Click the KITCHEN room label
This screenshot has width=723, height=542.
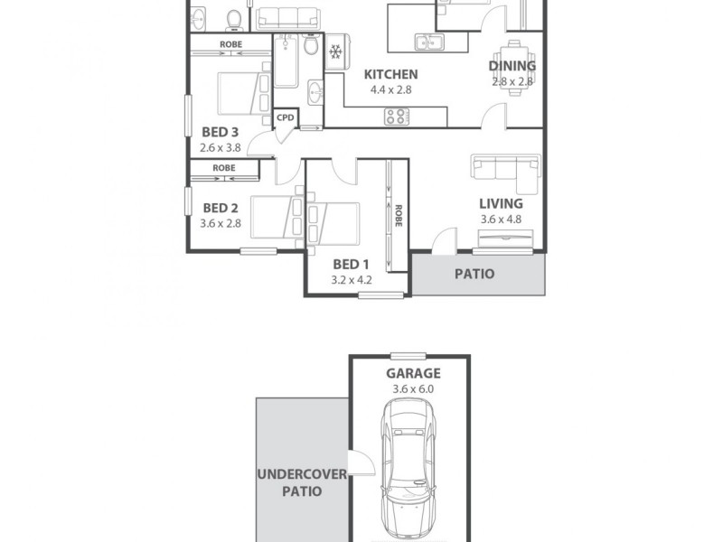[390, 74]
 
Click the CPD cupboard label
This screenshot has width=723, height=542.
[286, 117]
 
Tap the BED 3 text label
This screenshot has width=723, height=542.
[221, 132]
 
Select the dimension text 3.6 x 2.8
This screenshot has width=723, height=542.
[221, 224]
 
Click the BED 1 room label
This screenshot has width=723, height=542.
[352, 264]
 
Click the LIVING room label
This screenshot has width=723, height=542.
[501, 203]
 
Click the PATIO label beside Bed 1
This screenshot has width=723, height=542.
[474, 274]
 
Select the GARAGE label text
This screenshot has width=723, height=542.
[413, 373]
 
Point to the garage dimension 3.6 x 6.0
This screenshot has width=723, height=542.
[413, 389]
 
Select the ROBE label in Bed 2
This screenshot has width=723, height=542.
[224, 168]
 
